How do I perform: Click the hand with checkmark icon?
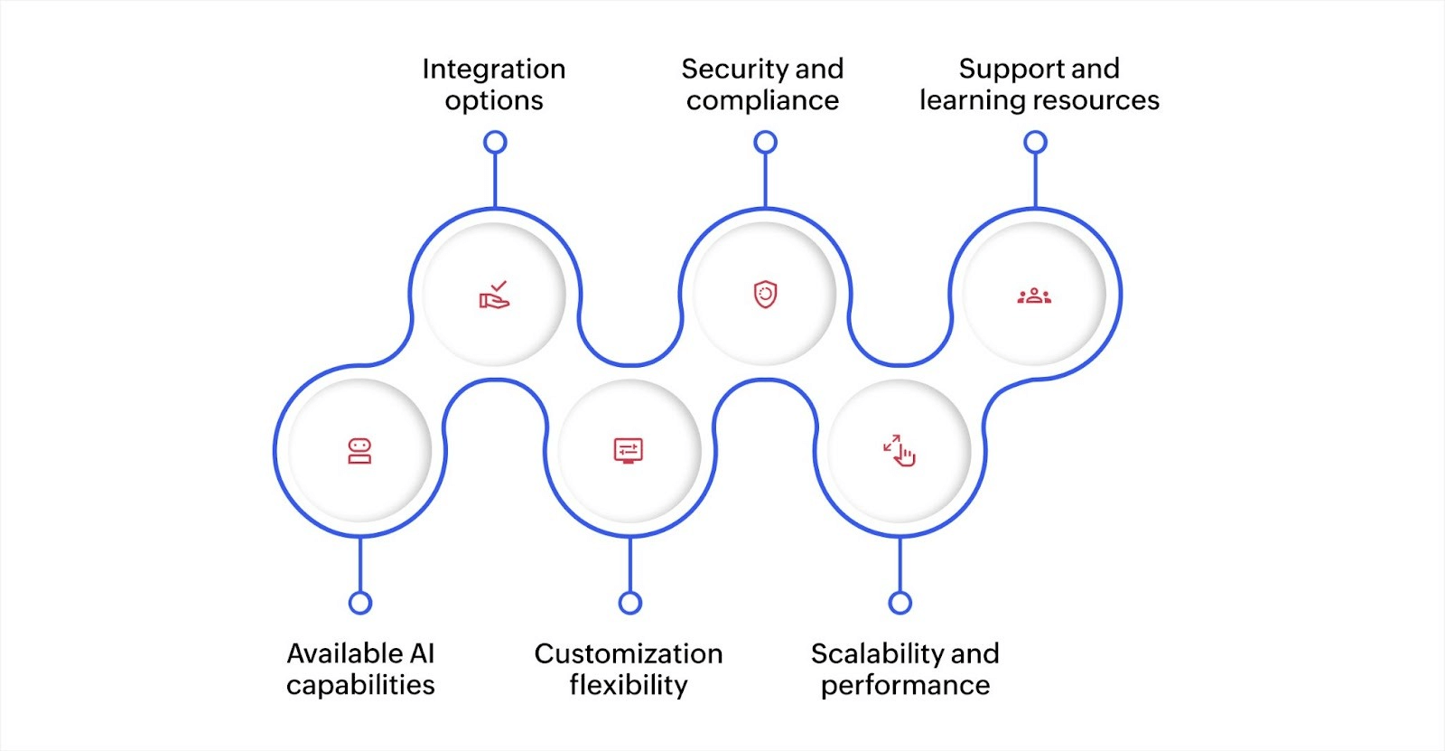494,295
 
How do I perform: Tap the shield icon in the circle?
765,295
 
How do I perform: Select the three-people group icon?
1035,296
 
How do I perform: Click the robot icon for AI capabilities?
359,451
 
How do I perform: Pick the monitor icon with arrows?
628,450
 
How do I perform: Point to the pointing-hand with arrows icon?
900,450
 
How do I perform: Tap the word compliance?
762,100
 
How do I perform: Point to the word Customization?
628,653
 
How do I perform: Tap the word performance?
905,685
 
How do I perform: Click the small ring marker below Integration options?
495,142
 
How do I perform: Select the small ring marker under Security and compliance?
765,142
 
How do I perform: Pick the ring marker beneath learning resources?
1035,142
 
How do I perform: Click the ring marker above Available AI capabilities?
360,603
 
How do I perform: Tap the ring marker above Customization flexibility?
630,603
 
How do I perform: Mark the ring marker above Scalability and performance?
900,603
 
